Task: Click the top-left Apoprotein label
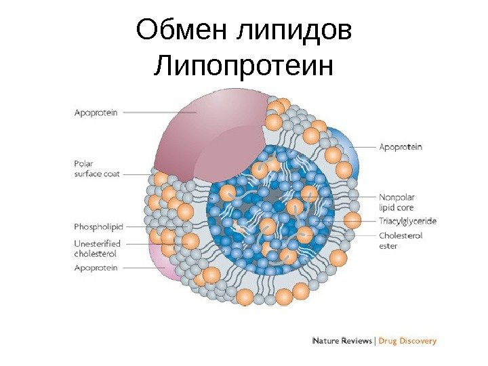[x=96, y=113]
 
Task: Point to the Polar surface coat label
[x=96, y=169]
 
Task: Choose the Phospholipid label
[x=98, y=226]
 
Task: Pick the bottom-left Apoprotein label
[x=96, y=268]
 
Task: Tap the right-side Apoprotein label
[x=400, y=146]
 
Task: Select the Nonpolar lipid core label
[x=397, y=203]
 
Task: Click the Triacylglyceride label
[x=407, y=221]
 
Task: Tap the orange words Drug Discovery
[x=407, y=341]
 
